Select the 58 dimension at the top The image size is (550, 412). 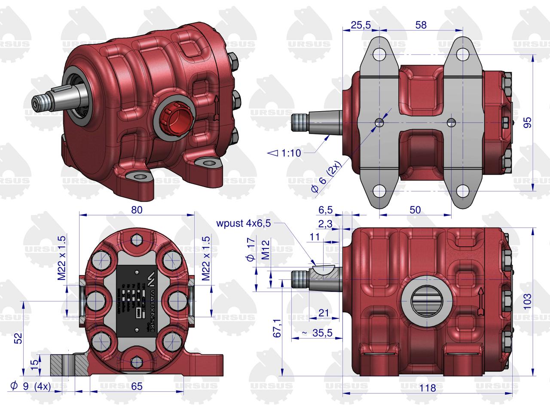[x=421, y=25]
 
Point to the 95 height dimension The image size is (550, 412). [x=528, y=122]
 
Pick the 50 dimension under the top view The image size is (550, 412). [x=415, y=209]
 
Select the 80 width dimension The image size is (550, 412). [x=137, y=209]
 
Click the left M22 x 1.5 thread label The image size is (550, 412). [x=61, y=258]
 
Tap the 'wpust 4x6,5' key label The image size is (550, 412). [x=244, y=223]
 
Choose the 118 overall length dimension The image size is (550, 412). [x=427, y=388]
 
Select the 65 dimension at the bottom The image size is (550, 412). [x=137, y=386]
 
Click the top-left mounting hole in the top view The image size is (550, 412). [x=380, y=55]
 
